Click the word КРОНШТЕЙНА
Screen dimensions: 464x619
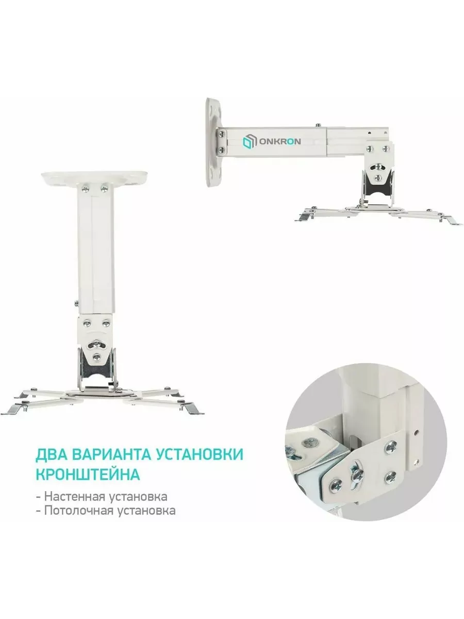pyautogui.click(x=88, y=475)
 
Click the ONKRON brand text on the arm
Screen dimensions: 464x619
pyautogui.click(x=279, y=141)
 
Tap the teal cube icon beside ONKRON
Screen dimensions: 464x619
pyautogui.click(x=249, y=141)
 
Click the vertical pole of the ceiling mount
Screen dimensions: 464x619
pyautogui.click(x=95, y=248)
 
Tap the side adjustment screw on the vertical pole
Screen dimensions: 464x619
pyautogui.click(x=77, y=303)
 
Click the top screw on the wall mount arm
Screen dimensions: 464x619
pyautogui.click(x=318, y=125)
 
